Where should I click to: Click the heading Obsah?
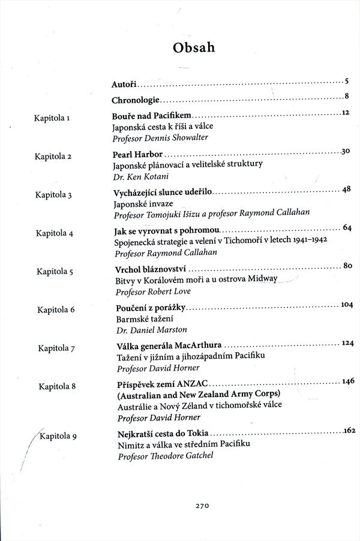[193, 47]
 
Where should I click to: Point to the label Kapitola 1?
[53, 118]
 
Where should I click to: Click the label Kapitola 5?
[55, 271]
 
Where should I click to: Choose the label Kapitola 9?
[58, 436]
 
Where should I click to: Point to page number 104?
[346, 304]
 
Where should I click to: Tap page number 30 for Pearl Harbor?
[345, 151]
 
